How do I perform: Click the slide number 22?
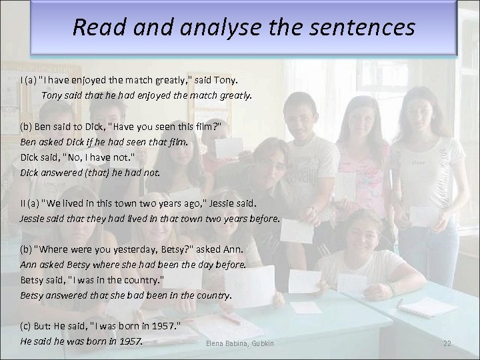[447, 343]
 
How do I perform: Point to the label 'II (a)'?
[29, 203]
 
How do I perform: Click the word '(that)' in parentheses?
[103, 172]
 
